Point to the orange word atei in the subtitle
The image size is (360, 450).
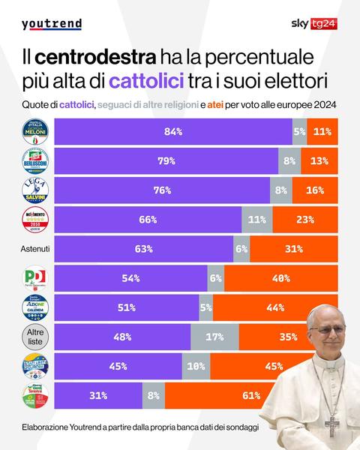point(234,103)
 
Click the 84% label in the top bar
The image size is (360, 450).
point(174,131)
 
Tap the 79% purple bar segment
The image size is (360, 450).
point(167,160)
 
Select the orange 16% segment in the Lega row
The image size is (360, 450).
point(316,190)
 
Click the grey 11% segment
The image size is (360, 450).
point(256,220)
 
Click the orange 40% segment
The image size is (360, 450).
point(282,278)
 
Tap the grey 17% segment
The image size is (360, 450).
point(212,337)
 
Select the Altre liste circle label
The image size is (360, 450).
point(34,337)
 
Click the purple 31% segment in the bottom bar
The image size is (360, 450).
point(109,395)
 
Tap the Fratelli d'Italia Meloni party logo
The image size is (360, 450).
point(34,131)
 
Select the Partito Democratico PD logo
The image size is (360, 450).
point(34,278)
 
